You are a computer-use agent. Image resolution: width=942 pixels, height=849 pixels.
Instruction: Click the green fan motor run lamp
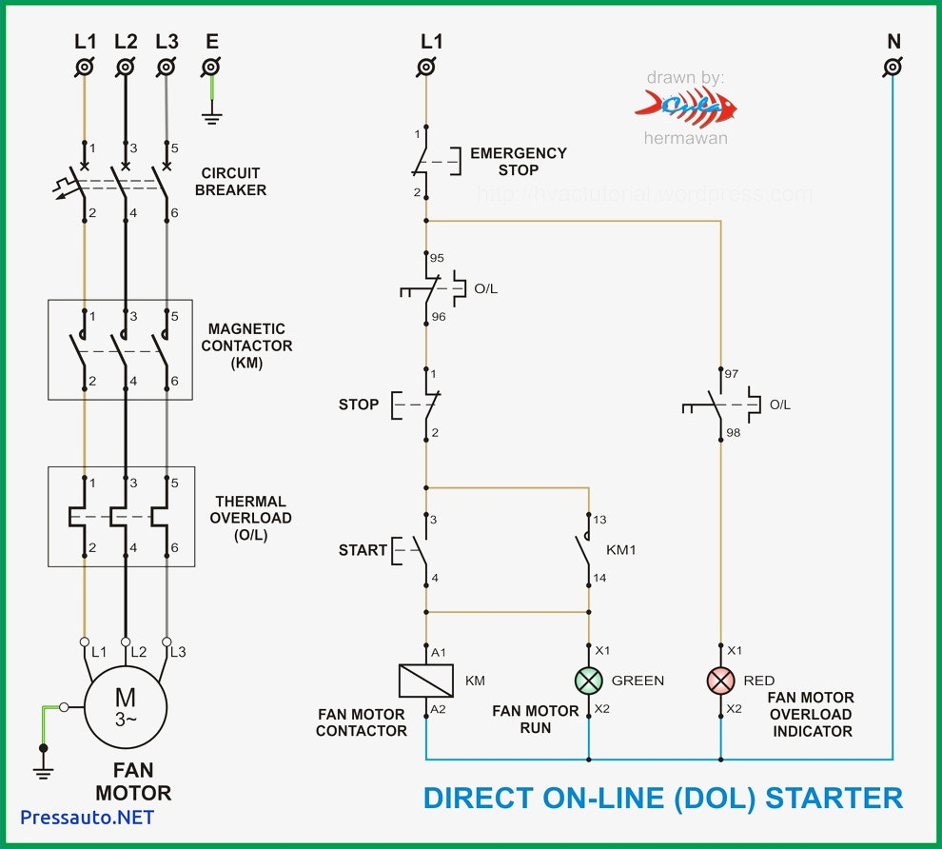point(589,681)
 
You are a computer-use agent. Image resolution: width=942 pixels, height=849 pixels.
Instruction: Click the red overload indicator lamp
point(721,681)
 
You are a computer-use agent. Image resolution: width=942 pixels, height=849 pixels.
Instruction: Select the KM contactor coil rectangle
point(426,681)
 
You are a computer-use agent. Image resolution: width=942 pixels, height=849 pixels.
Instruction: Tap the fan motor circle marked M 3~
point(126,707)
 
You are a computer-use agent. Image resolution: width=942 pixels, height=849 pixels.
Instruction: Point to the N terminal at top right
point(893,67)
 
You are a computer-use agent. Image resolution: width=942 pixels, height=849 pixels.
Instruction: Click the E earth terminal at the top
point(211,67)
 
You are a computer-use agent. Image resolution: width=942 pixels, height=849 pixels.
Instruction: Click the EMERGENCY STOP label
point(519,162)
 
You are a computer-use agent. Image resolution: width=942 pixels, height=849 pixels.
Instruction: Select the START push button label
point(363,550)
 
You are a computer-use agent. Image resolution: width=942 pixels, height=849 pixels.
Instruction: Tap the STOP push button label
point(359,405)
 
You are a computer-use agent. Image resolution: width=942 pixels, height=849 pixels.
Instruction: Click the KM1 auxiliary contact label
point(621,550)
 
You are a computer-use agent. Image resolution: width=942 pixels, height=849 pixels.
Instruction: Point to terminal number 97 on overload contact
point(731,374)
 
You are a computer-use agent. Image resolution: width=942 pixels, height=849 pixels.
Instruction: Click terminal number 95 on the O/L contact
point(437,258)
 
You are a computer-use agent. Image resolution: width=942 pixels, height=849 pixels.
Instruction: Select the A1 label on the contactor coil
point(439,653)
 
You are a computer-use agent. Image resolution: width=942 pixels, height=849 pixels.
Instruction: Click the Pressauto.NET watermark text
point(88,818)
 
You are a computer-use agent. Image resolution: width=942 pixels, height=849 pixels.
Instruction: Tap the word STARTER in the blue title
point(834,798)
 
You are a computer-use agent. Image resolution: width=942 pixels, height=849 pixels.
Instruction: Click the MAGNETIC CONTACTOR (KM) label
point(246,346)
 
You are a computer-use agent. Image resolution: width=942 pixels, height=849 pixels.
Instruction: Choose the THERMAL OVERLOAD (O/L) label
point(250,518)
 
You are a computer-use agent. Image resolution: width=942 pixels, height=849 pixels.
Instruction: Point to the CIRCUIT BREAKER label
point(230,182)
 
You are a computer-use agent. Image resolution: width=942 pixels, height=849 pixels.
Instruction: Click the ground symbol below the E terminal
point(211,116)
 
